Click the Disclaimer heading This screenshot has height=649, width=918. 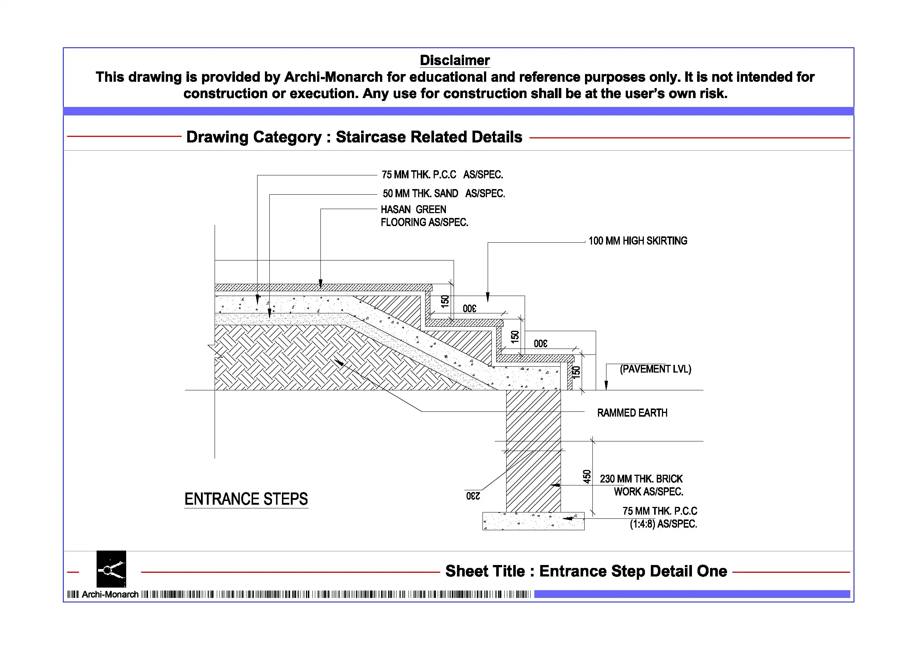455,60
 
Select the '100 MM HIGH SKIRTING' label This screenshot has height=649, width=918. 638,241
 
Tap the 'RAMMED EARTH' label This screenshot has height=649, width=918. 632,413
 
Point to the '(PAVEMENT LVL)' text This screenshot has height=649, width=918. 655,369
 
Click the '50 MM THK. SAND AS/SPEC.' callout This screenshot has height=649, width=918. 443,194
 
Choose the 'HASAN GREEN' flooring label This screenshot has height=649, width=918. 413,209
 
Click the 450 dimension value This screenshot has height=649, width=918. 586,476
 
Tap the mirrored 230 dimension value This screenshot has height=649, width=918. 473,496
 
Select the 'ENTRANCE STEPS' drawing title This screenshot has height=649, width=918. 246,499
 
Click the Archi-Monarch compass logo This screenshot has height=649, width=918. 111,569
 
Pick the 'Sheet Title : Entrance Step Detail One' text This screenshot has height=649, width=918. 586,571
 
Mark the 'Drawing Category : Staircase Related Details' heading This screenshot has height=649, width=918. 354,137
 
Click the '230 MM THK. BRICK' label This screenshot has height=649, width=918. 641,479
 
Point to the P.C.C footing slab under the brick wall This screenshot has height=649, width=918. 533,521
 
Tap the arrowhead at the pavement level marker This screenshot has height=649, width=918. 606,385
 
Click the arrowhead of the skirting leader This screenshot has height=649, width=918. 487,297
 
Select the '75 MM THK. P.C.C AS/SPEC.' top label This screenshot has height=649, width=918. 442,175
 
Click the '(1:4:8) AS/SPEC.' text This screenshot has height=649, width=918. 663,524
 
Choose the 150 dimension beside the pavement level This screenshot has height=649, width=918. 576,372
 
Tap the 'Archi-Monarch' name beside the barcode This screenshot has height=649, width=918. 110,594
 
